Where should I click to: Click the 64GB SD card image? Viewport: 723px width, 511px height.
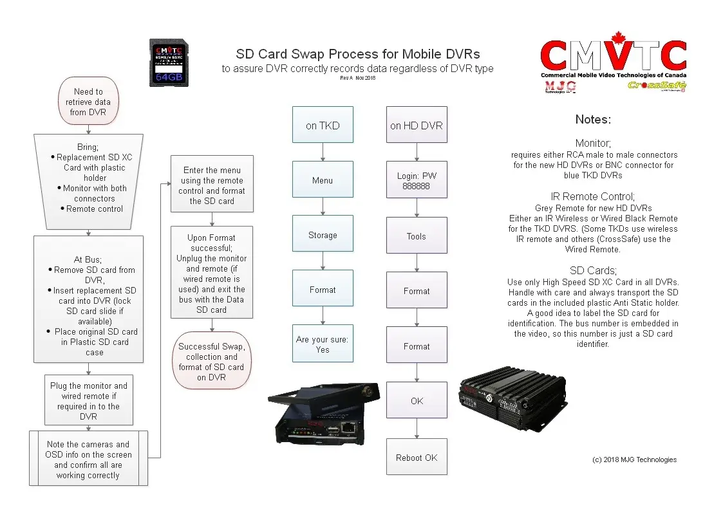(169, 62)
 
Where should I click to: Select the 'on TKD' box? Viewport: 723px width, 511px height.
(323, 125)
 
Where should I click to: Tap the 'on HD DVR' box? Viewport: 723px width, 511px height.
(417, 125)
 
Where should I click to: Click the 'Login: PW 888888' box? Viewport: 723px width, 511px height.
(417, 180)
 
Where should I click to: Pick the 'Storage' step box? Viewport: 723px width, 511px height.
(323, 236)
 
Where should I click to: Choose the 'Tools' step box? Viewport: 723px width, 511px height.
(417, 236)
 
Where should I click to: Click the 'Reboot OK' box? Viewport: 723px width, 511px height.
(417, 458)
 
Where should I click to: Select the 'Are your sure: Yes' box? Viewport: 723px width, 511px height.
(323, 344)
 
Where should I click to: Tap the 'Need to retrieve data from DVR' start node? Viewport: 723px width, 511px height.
(88, 102)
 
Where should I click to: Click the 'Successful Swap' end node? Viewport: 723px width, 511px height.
(212, 362)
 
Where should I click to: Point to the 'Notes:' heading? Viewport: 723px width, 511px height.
(593, 120)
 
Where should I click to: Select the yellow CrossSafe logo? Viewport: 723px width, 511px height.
(655, 86)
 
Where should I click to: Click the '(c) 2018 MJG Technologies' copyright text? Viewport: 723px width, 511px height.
(634, 460)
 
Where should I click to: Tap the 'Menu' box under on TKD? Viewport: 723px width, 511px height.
(323, 180)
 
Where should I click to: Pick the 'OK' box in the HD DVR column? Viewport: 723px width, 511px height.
(417, 401)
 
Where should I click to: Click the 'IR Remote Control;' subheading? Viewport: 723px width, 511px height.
(593, 197)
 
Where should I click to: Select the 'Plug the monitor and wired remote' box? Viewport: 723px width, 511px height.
(89, 400)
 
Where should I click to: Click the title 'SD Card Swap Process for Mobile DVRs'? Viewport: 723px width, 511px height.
(358, 54)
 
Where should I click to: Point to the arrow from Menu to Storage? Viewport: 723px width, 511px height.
(323, 207)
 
